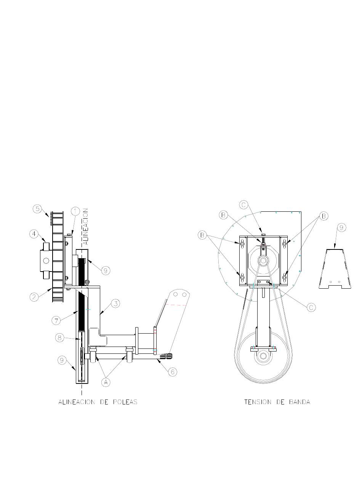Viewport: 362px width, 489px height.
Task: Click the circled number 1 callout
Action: (x=75, y=211)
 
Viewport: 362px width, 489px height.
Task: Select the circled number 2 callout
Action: (x=34, y=297)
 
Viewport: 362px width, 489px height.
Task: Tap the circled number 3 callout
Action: (x=115, y=304)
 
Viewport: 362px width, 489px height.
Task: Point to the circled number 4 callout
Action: (x=34, y=234)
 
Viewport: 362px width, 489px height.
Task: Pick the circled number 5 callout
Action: (x=37, y=209)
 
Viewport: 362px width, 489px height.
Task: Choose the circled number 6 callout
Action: (x=173, y=372)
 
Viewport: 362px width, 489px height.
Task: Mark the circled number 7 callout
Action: (x=56, y=320)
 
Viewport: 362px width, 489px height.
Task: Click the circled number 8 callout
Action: (x=59, y=338)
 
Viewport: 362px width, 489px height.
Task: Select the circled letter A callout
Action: (x=106, y=382)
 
